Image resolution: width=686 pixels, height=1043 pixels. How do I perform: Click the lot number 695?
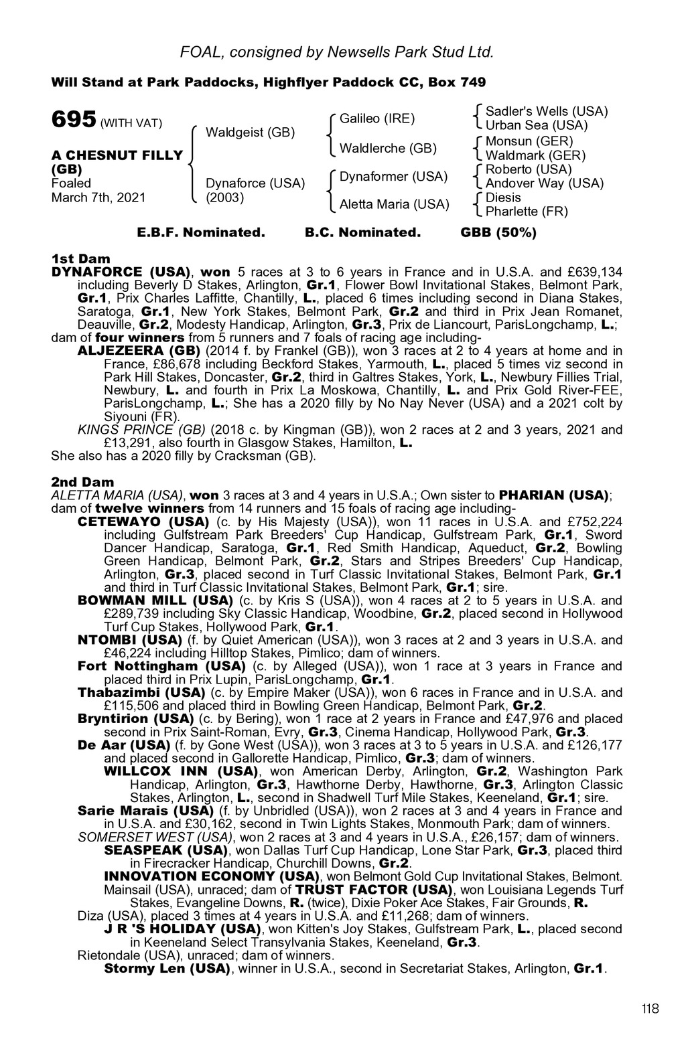(x=74, y=120)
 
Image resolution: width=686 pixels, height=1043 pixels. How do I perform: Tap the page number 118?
(x=649, y=1009)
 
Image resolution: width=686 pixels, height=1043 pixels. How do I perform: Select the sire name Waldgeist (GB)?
(x=250, y=132)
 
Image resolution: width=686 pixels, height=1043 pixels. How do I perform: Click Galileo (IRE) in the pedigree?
(x=377, y=118)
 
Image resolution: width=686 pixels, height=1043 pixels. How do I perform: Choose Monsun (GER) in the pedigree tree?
(x=529, y=141)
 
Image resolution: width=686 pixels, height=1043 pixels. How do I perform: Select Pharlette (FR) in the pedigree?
(x=527, y=212)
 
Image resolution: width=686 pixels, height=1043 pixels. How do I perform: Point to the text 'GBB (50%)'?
(x=498, y=233)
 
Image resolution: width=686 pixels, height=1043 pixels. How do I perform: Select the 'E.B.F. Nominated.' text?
(x=201, y=233)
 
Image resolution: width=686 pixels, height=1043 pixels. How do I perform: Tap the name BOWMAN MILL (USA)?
(x=155, y=600)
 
